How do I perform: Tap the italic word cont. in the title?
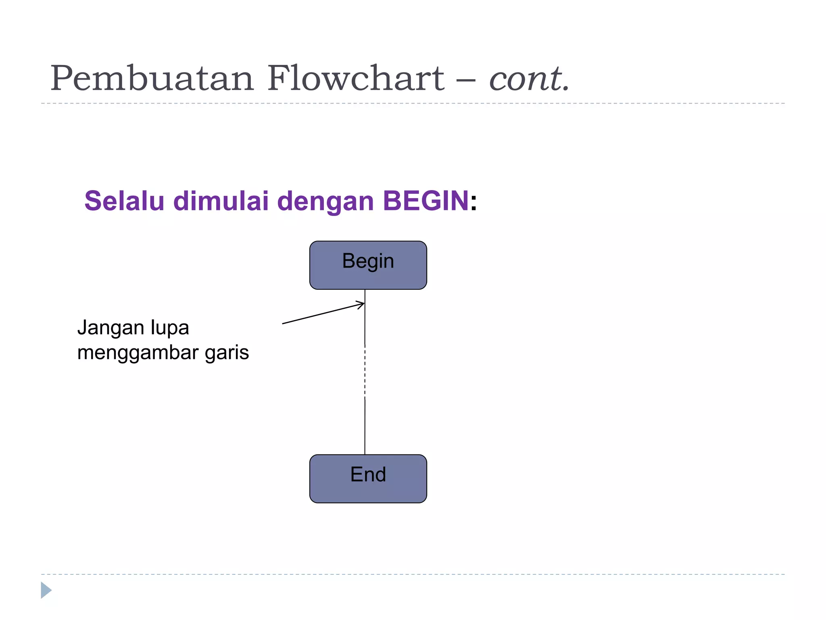529,79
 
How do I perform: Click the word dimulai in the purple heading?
221,201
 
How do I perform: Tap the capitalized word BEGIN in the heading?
426,201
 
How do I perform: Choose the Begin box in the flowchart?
368,265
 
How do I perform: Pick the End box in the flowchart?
368,478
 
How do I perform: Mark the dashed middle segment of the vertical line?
365,371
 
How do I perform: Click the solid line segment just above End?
365,428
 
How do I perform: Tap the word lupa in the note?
170,328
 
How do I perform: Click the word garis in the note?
227,353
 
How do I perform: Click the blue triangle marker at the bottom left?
46,590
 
